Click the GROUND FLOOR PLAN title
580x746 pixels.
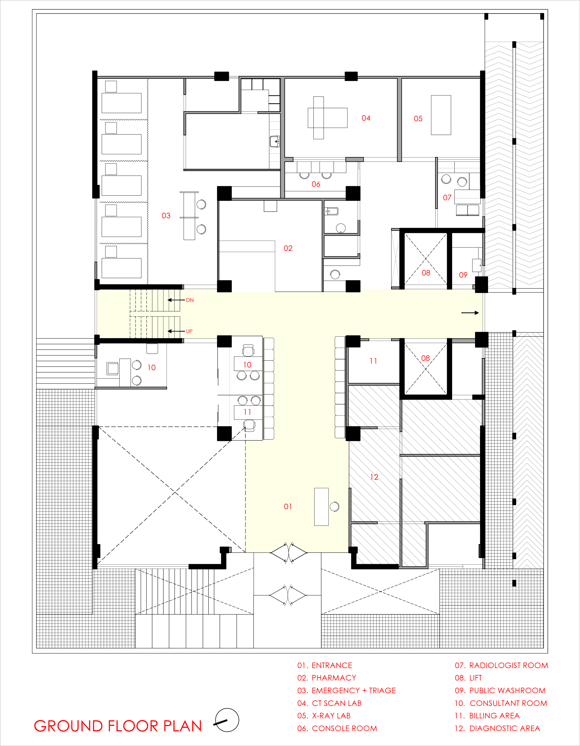click(118, 726)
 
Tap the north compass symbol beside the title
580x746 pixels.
click(227, 720)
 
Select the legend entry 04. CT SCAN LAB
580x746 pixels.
click(329, 703)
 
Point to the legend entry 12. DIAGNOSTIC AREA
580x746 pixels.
click(497, 729)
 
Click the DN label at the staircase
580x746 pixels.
click(190, 300)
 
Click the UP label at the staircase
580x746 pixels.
click(189, 331)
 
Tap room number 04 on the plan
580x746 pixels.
click(366, 118)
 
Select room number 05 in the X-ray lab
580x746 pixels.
click(418, 119)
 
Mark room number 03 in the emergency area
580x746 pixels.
click(166, 216)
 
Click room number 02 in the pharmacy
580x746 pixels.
click(288, 248)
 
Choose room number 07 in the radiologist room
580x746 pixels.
click(447, 198)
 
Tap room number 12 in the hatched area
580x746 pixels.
click(374, 477)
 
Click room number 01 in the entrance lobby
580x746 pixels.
click(288, 506)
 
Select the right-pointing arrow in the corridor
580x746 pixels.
click(470, 312)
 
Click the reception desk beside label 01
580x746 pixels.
click(321, 506)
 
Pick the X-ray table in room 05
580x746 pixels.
click(441, 115)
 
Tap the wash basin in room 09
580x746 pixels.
click(476, 265)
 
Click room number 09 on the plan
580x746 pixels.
click(463, 275)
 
